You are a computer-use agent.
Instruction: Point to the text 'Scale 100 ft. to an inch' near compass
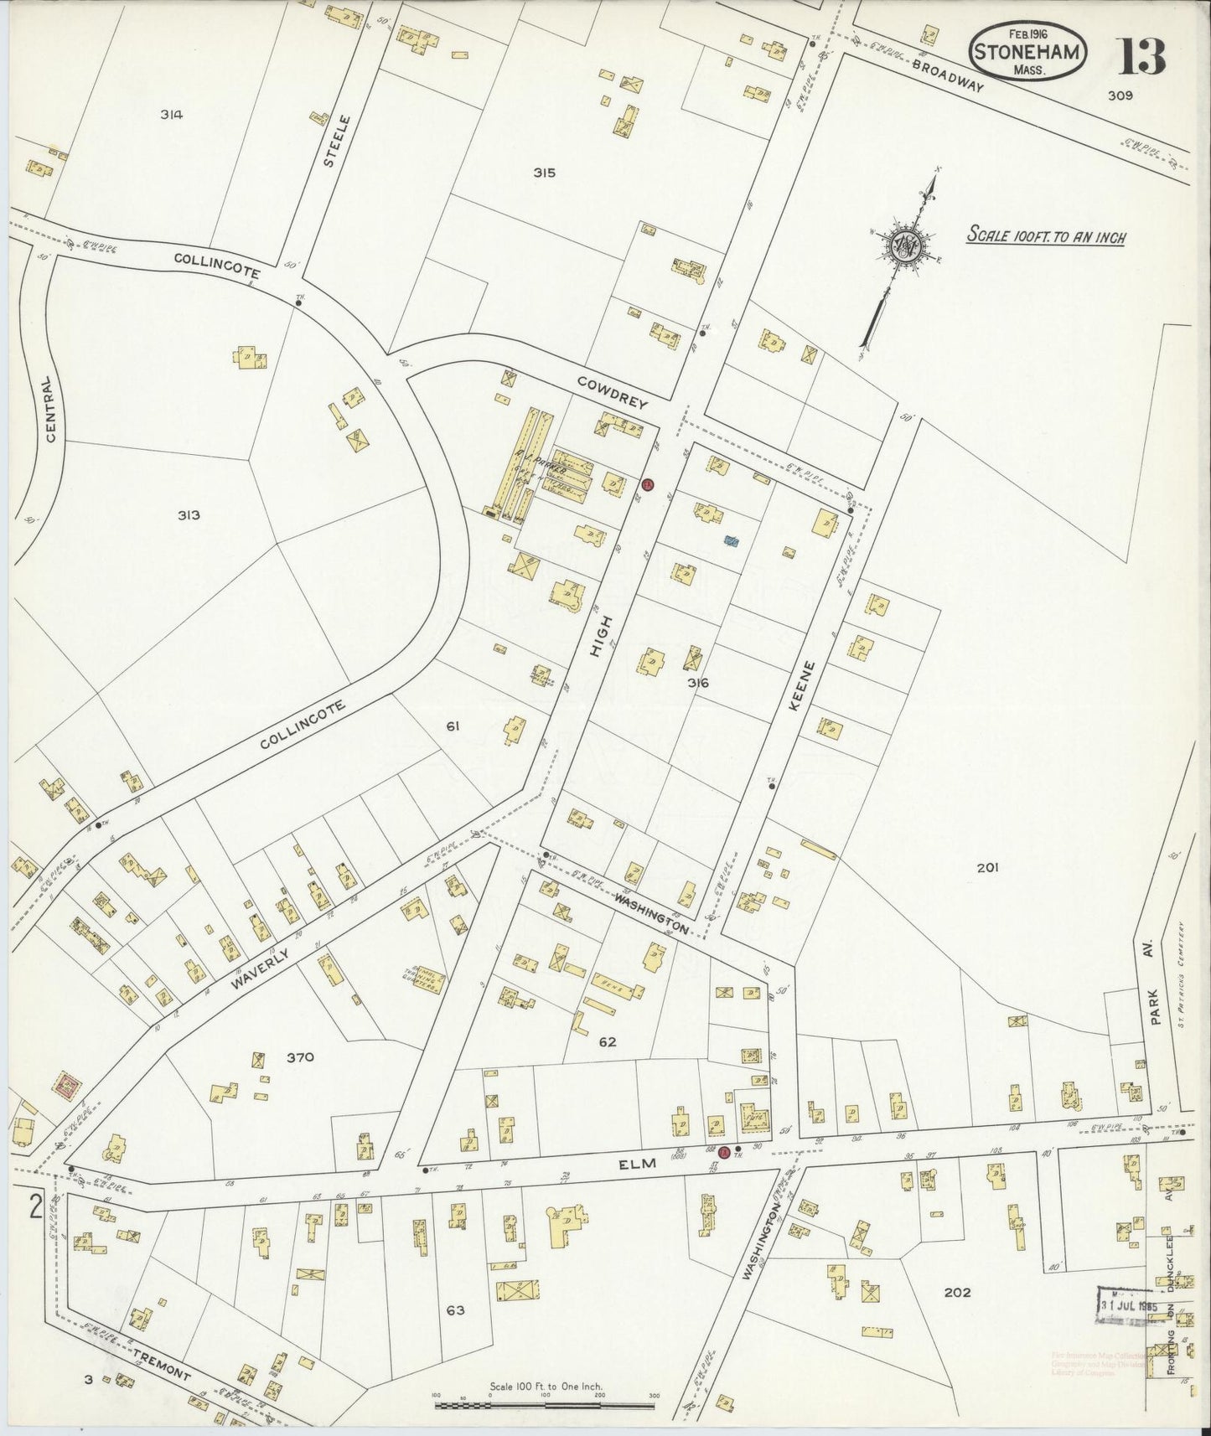click(x=1046, y=235)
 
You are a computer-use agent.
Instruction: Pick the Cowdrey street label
click(x=613, y=391)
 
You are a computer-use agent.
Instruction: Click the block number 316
click(x=698, y=683)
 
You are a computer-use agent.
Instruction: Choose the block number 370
click(x=299, y=1057)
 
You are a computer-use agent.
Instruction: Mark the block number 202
click(x=956, y=1292)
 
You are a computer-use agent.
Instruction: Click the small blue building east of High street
click(x=732, y=542)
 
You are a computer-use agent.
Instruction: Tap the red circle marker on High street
click(x=647, y=484)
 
